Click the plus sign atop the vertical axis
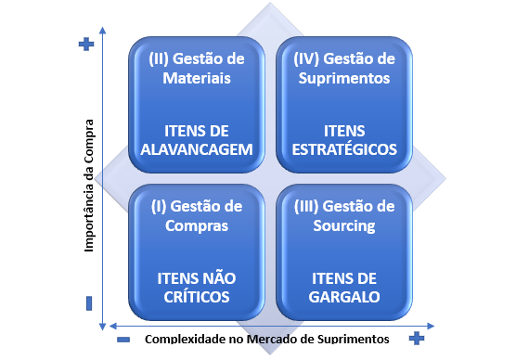(x=86, y=44)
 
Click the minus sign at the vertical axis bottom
(x=89, y=302)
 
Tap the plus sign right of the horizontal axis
(x=417, y=337)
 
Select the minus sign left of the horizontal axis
(x=123, y=339)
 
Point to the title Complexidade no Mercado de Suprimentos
(x=266, y=339)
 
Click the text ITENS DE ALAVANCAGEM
(x=196, y=139)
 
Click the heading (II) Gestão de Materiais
(x=196, y=68)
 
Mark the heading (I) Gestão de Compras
(x=196, y=215)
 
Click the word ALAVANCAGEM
(x=196, y=149)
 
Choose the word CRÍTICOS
(x=196, y=296)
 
